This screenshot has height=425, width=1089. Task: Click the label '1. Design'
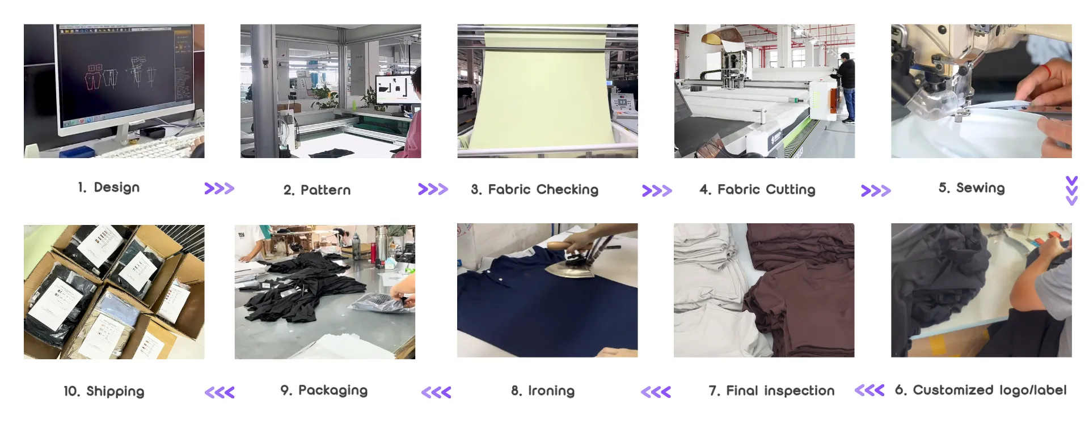[108, 188]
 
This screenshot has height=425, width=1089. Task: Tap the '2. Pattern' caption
[317, 190]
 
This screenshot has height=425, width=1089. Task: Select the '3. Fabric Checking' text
[534, 190]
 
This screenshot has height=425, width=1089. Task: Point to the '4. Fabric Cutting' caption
[757, 190]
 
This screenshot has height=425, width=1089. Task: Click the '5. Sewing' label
[971, 188]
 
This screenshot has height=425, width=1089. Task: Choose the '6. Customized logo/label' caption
[980, 390]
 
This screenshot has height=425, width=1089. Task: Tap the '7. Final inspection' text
[771, 391]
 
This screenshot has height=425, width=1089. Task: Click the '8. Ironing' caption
[542, 391]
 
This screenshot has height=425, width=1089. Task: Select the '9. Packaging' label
[324, 390]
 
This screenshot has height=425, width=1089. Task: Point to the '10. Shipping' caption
[104, 392]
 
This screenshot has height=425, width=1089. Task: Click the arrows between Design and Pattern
[219, 189]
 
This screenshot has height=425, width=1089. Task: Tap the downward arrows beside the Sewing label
[1071, 190]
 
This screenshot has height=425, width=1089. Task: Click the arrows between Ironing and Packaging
[436, 392]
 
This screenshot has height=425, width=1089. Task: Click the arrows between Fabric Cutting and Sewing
[875, 190]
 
